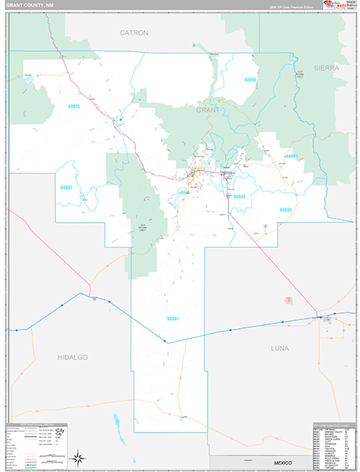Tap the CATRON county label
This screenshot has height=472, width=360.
[x=134, y=33]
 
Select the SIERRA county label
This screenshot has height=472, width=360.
[x=327, y=68]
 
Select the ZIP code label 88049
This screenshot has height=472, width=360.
[x=250, y=79]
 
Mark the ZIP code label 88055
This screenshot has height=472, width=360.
[x=66, y=187]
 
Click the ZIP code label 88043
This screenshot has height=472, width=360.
[x=239, y=196]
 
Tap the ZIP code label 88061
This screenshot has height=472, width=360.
[x=174, y=319]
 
